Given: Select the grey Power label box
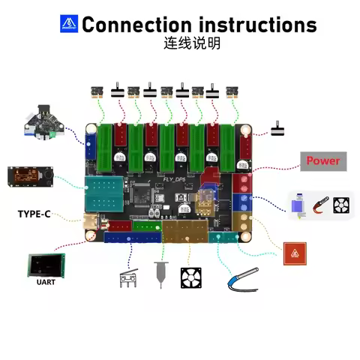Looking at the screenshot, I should tap(322, 160).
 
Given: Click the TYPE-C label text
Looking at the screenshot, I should tap(34, 214).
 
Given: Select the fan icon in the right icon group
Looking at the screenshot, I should tap(341, 203).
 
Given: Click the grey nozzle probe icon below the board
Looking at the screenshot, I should tap(160, 274).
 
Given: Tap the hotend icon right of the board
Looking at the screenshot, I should tap(298, 203).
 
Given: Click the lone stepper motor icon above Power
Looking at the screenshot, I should tap(279, 127).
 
